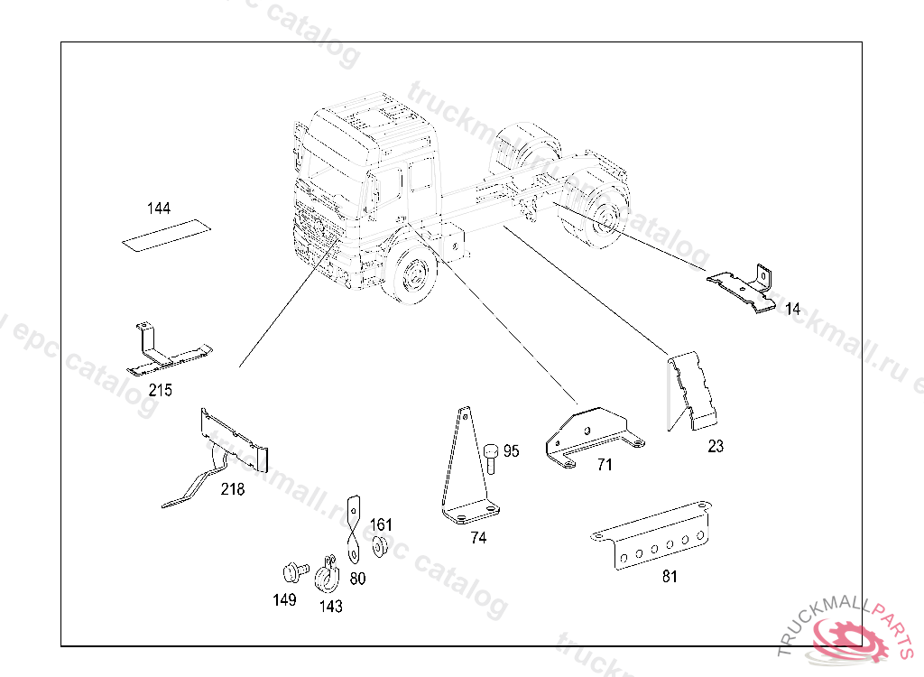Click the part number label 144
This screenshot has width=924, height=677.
coord(159,209)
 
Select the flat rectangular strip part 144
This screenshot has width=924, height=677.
coord(164,234)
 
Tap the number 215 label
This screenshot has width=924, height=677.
coord(162,391)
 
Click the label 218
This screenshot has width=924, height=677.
coord(233,489)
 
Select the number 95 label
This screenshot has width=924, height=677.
coord(512,451)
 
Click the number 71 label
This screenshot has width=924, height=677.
coord(605,465)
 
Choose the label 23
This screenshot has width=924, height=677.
coord(716,446)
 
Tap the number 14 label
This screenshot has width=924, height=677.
coord(792,309)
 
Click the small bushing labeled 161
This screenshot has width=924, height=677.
coord(379,545)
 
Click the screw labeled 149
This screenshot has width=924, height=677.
coord(291,571)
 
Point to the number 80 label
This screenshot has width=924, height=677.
coord(357,579)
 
